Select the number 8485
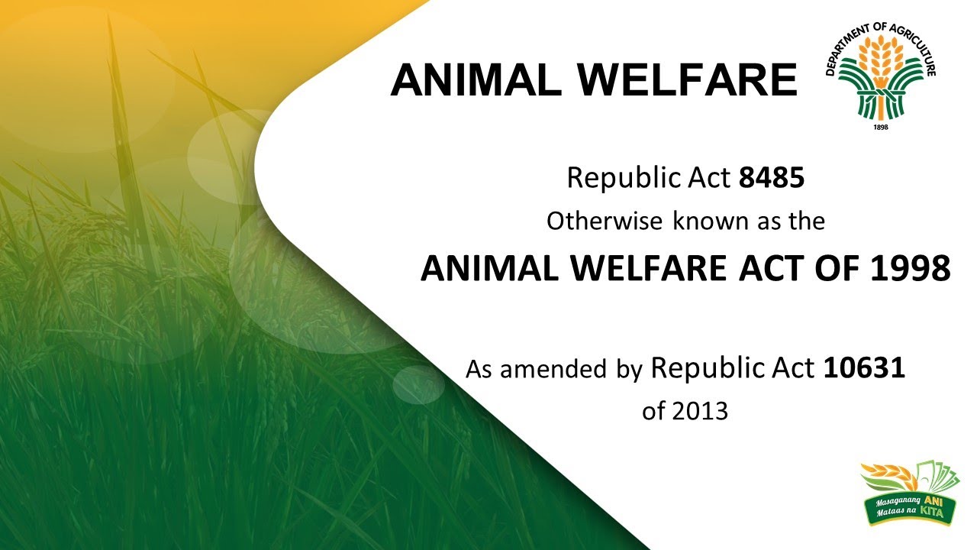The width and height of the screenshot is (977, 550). pos(771,178)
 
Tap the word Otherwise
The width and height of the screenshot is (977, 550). pos(604,221)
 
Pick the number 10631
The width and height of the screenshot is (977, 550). pos(864,368)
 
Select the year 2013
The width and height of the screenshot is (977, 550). pos(700,411)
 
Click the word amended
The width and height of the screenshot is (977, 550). pos(553,369)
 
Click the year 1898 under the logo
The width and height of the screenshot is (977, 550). pos(881,127)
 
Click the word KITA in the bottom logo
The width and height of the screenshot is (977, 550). pos(931,511)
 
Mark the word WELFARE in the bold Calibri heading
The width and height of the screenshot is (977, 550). pos(650,268)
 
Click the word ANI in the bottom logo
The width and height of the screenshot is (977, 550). pos(933,500)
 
